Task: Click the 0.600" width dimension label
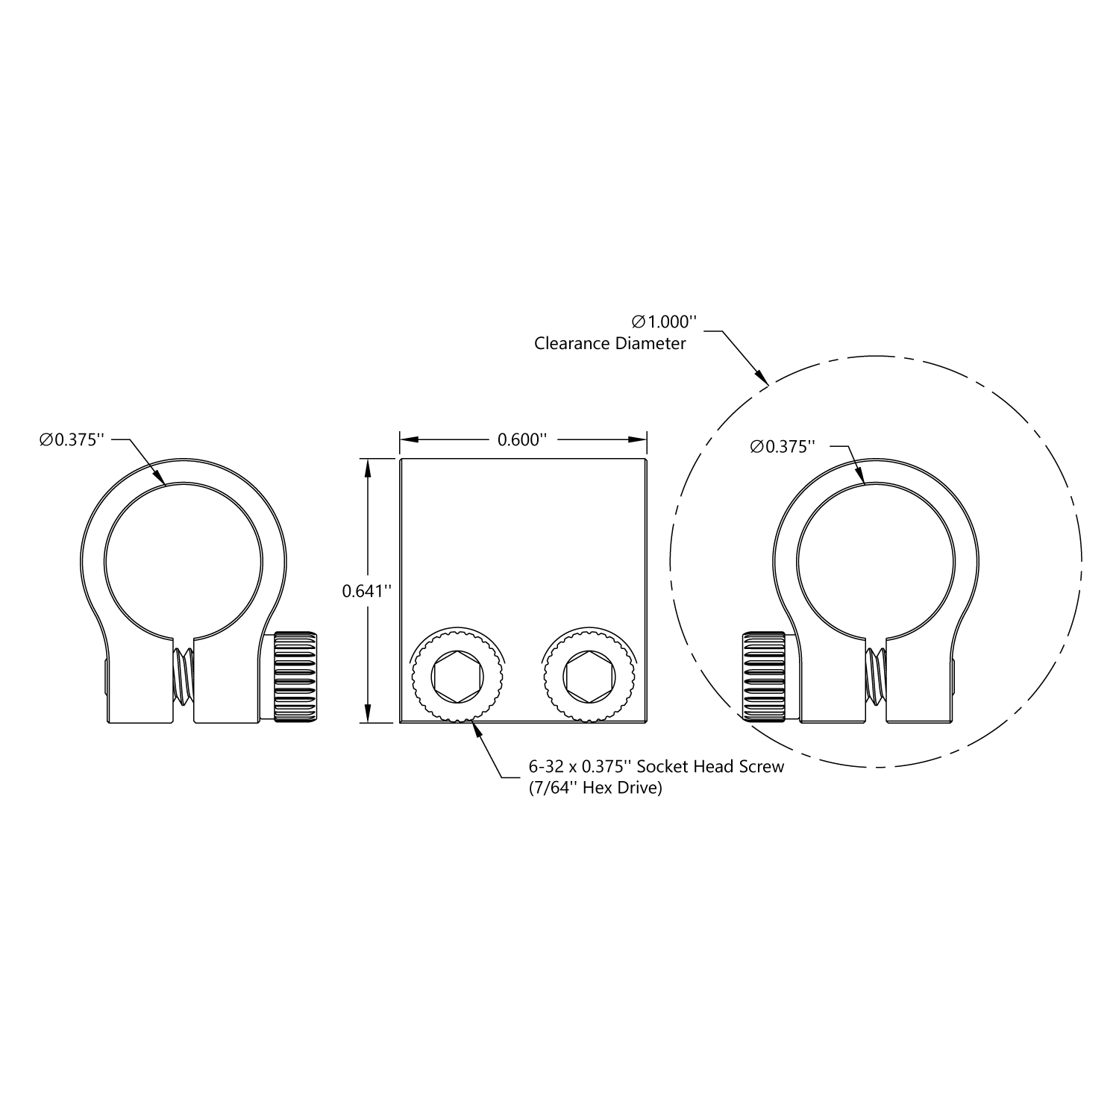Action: pos(522,440)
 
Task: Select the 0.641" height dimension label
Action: pos(366,591)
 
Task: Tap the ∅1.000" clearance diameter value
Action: pos(664,322)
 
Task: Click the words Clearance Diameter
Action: pos(609,344)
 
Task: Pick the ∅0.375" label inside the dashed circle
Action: pos(782,447)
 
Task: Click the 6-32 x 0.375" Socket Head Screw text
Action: pos(656,767)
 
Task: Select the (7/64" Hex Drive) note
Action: pos(595,788)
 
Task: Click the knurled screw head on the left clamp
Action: pos(295,677)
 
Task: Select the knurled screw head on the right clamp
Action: pos(763,677)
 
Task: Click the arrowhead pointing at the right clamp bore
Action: pos(860,477)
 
